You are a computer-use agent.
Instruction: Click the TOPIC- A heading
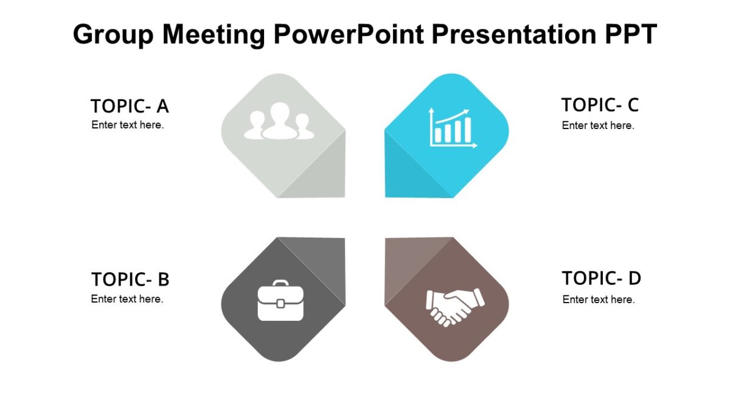tap(130, 107)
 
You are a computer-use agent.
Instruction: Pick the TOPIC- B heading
tap(130, 279)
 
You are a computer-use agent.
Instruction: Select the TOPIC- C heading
tap(600, 105)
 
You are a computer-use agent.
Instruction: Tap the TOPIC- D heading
tap(601, 278)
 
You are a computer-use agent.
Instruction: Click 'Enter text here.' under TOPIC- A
tap(128, 125)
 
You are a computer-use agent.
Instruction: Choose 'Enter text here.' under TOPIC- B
tap(127, 299)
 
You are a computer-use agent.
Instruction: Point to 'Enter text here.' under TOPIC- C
tap(598, 125)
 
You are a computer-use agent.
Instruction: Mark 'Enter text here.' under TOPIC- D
tap(599, 300)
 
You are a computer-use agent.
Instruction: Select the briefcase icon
tap(280, 301)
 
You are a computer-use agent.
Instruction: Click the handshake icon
tap(454, 307)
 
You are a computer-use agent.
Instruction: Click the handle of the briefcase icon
tap(280, 284)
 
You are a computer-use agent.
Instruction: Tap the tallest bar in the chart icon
tap(467, 130)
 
